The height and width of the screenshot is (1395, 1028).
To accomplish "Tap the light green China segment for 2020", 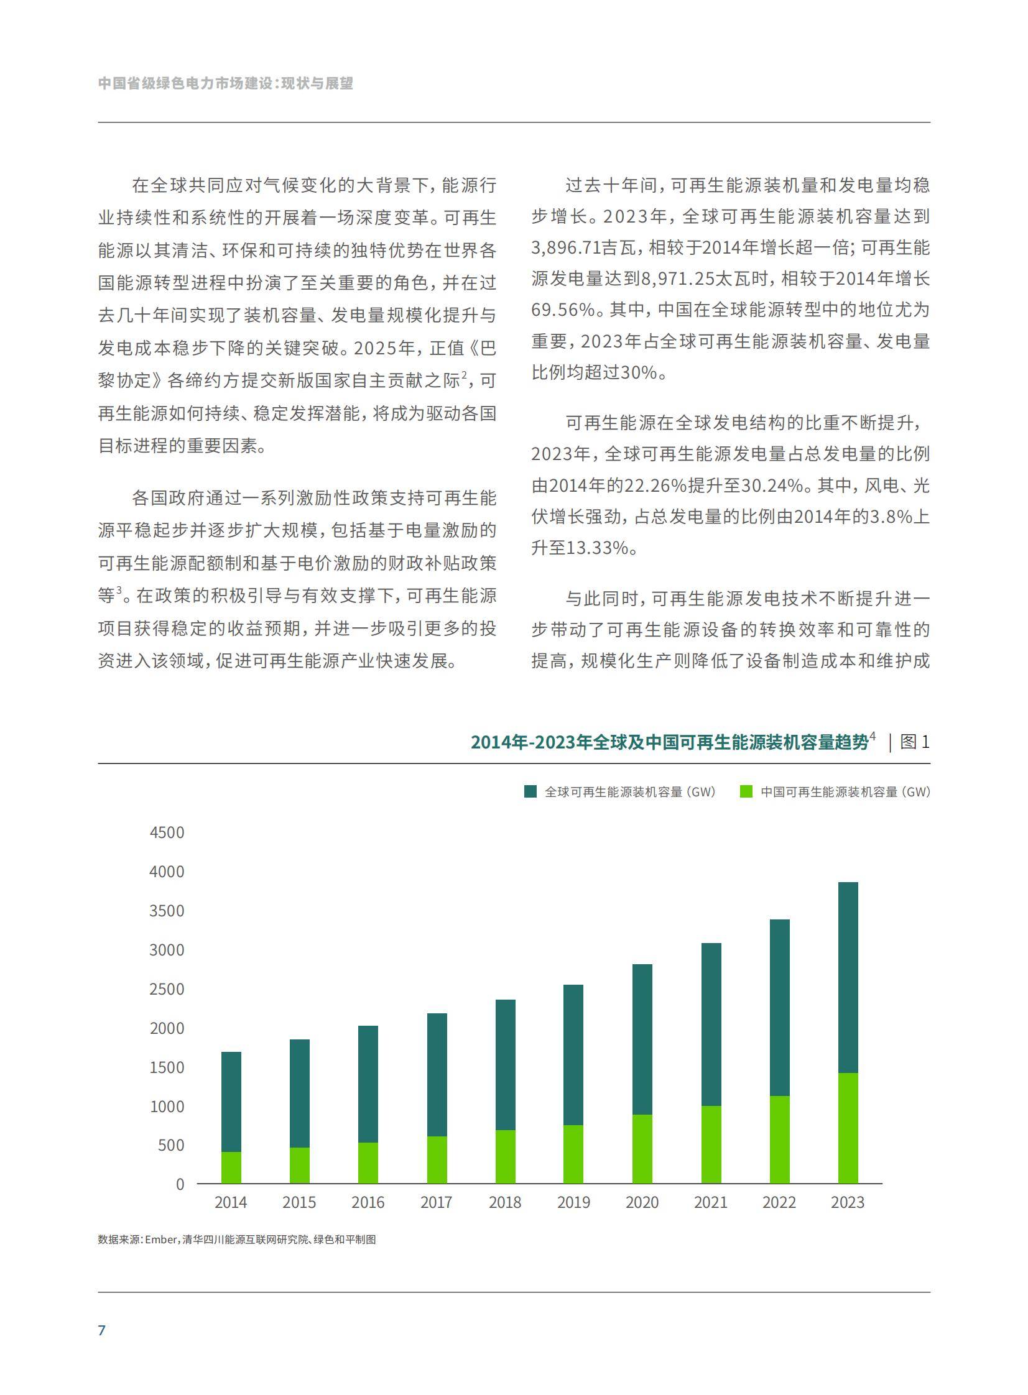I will pyautogui.click(x=642, y=1149).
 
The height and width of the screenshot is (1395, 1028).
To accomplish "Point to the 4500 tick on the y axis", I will pyautogui.click(x=167, y=833).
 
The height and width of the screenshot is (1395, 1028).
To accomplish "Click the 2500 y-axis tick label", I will pyautogui.click(x=167, y=990).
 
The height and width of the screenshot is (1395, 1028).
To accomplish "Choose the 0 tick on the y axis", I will pyautogui.click(x=180, y=1185).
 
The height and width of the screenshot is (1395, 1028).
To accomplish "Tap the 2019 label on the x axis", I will pyautogui.click(x=573, y=1203).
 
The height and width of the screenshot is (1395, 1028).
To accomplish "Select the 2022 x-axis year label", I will pyautogui.click(x=779, y=1203).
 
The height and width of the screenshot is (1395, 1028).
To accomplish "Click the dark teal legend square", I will pyautogui.click(x=530, y=792).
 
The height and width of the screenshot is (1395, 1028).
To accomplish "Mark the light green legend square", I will pyautogui.click(x=746, y=792).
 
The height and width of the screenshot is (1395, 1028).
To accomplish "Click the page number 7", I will pyautogui.click(x=102, y=1330).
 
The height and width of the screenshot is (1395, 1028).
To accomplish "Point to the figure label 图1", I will pyautogui.click(x=915, y=742).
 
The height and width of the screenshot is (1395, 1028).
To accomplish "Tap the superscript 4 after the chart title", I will pyautogui.click(x=873, y=737).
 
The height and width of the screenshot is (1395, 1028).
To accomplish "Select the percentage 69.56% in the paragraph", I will pyautogui.click(x=563, y=310).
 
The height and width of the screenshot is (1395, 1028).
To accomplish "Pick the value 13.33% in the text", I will pyautogui.click(x=597, y=548).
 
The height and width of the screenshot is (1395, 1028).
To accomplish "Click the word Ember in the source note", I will pyautogui.click(x=161, y=1240).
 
